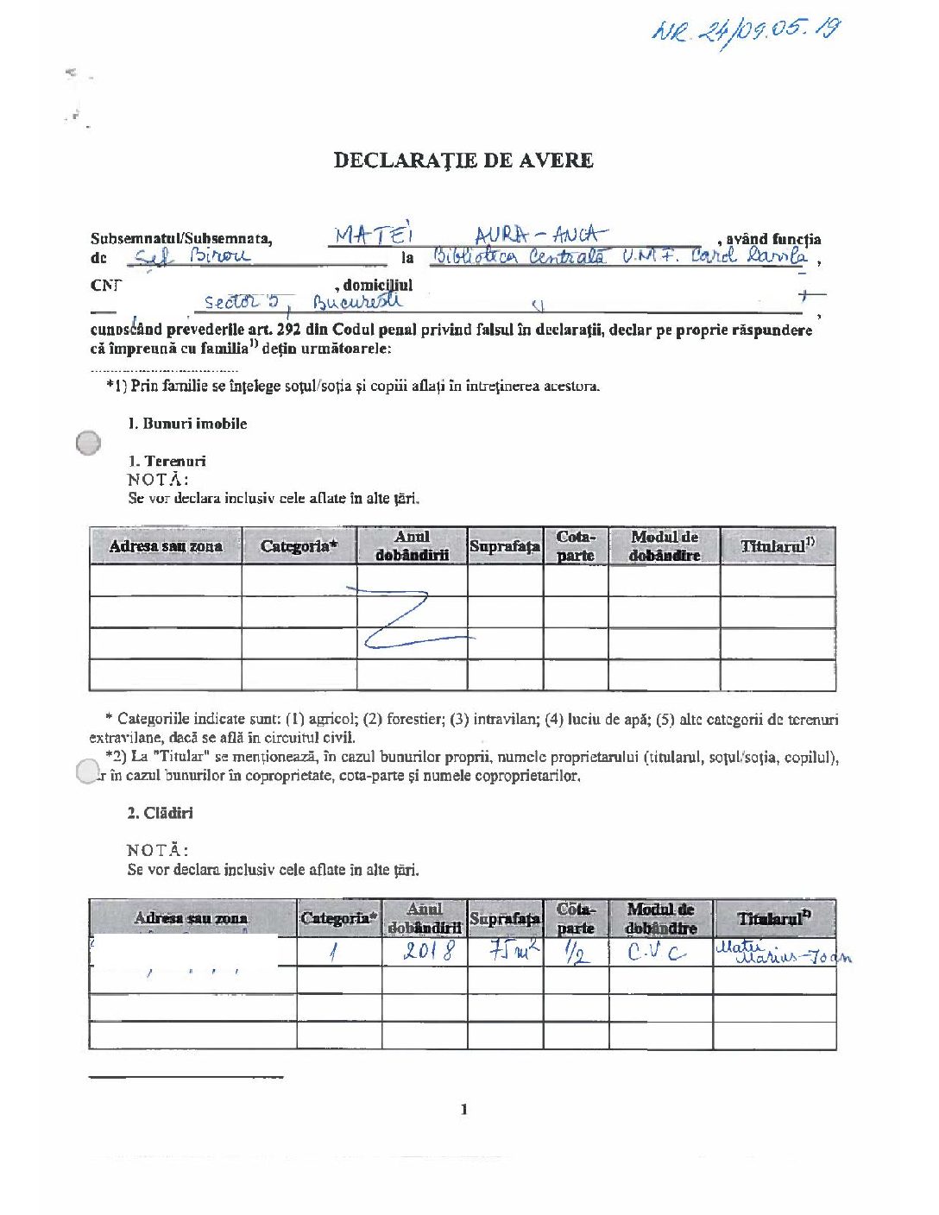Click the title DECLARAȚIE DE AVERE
tap(463, 161)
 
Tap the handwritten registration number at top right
tap(746, 32)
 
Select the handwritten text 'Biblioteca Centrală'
tap(519, 256)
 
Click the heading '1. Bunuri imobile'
tap(187, 424)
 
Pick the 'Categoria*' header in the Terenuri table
tap(299, 546)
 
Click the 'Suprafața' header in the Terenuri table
tap(505, 546)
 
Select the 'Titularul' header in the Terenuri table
tap(777, 546)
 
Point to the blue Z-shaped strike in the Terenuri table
tap(406, 617)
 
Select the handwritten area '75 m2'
tap(514, 952)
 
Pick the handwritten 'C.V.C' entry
tap(657, 953)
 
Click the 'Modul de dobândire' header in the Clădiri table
tap(660, 918)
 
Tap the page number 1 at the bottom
tap(464, 1109)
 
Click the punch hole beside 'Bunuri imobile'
tap(88, 443)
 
